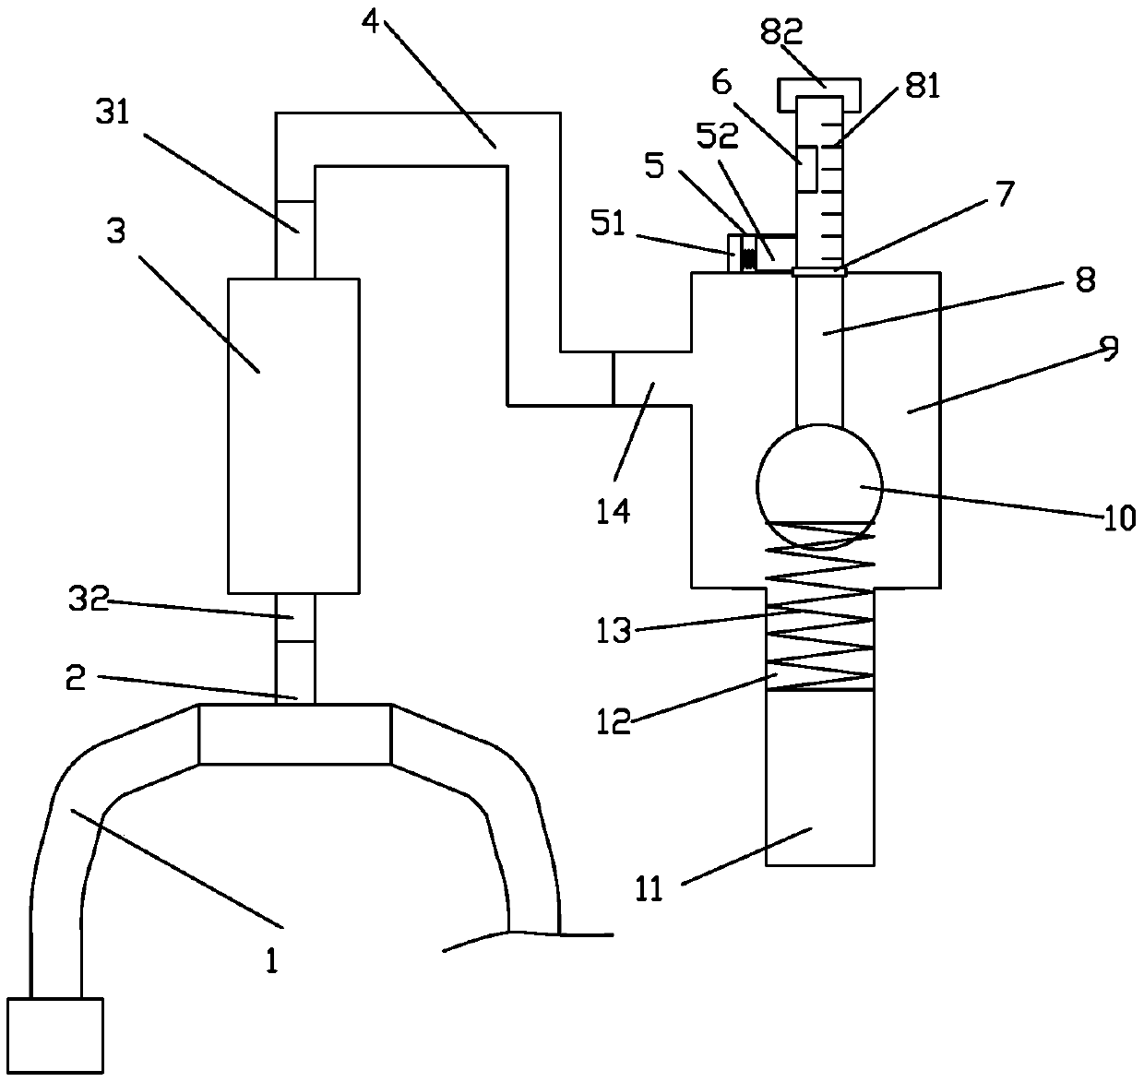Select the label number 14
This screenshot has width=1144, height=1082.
coord(613,510)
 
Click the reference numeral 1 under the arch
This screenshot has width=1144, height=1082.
coord(271,961)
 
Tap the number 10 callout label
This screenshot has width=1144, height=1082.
coord(1119,518)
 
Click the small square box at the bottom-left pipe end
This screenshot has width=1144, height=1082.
coord(54,1035)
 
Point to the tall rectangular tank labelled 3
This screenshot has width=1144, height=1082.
coord(293,435)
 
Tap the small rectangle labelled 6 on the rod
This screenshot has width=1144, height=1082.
coord(806,169)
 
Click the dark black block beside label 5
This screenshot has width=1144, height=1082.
coord(749,255)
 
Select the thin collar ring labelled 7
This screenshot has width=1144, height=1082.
coord(818,271)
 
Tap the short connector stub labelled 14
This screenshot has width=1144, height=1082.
coord(651,378)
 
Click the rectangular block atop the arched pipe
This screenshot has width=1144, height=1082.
coord(295,734)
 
